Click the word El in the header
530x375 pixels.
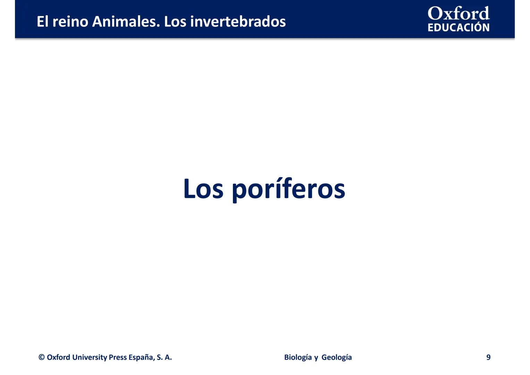(x=42, y=22)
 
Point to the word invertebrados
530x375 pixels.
(x=238, y=22)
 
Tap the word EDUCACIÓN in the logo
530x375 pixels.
(x=459, y=27)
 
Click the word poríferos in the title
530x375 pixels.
(x=288, y=190)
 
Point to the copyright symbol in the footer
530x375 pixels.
(x=42, y=357)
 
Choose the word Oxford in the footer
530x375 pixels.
(x=58, y=357)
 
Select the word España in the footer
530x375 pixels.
(x=141, y=357)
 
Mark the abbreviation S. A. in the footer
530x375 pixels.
(x=164, y=357)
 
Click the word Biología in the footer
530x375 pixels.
(x=298, y=357)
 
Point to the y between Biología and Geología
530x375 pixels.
(x=316, y=358)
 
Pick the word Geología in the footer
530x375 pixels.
(x=337, y=357)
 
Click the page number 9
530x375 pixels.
(x=488, y=357)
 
